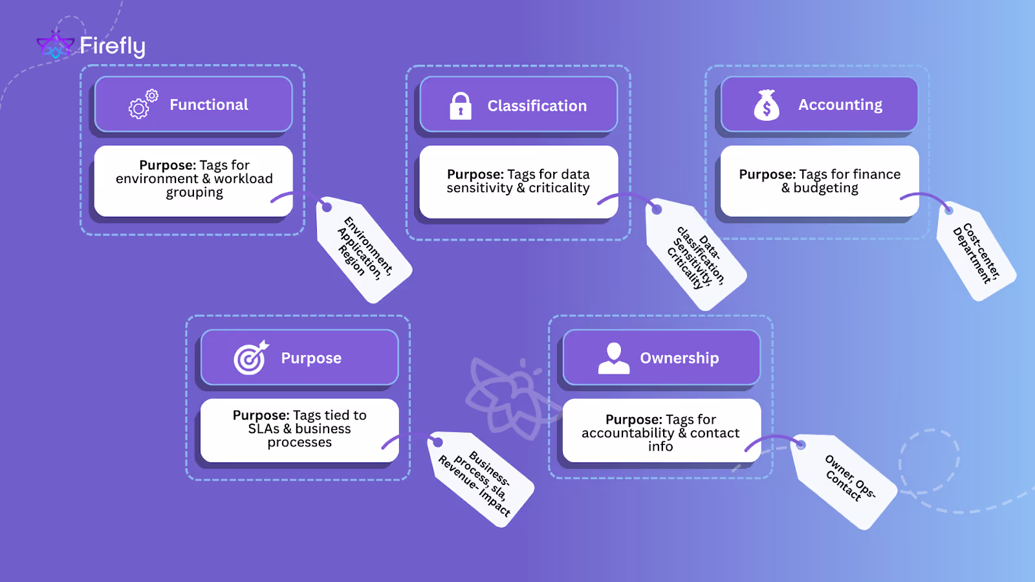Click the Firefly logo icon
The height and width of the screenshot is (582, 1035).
[x=55, y=45]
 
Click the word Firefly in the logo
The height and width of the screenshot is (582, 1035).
[x=113, y=46]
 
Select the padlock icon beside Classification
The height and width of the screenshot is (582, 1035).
[x=461, y=106]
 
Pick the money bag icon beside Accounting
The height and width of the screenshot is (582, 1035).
[x=767, y=105]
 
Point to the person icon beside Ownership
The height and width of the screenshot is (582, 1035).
[x=613, y=358]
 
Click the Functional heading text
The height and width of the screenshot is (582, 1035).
[x=209, y=105]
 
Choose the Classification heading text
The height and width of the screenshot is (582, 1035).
[x=537, y=106]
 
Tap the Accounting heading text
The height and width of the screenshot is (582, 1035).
[x=840, y=105]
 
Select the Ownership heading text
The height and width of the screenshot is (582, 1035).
[x=679, y=358]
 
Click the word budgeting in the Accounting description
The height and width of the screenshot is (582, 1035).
[x=826, y=188]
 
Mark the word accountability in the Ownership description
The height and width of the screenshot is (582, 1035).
[x=627, y=433]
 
